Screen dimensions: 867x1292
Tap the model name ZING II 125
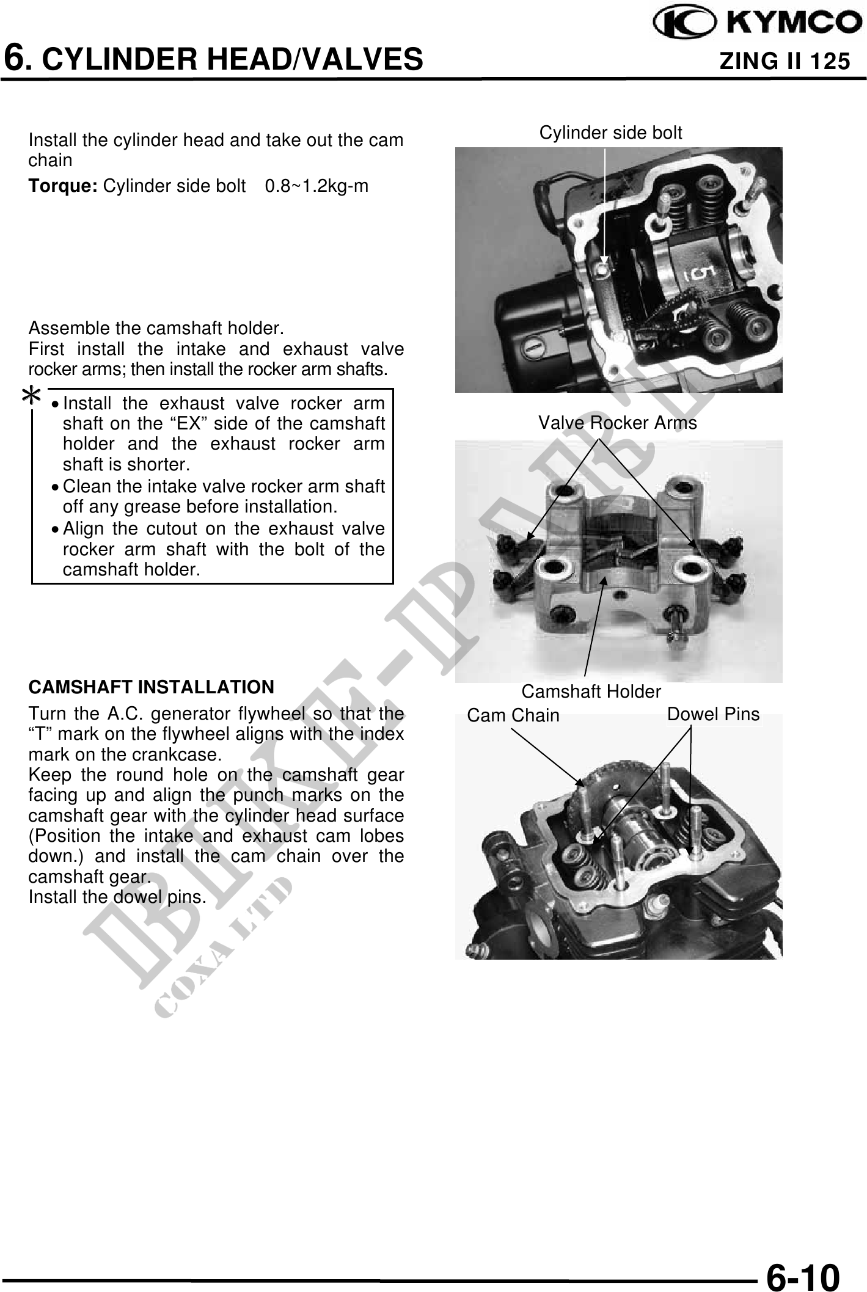point(785,61)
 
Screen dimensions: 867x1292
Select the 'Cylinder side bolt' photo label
point(610,133)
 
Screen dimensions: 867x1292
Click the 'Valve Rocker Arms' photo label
point(617,423)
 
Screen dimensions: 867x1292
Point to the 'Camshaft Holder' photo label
point(591,692)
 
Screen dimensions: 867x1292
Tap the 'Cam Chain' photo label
point(513,715)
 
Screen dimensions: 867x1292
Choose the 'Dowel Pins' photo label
point(713,714)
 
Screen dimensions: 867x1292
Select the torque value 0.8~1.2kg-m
point(316,186)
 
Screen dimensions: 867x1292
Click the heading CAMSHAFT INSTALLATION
point(152,687)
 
